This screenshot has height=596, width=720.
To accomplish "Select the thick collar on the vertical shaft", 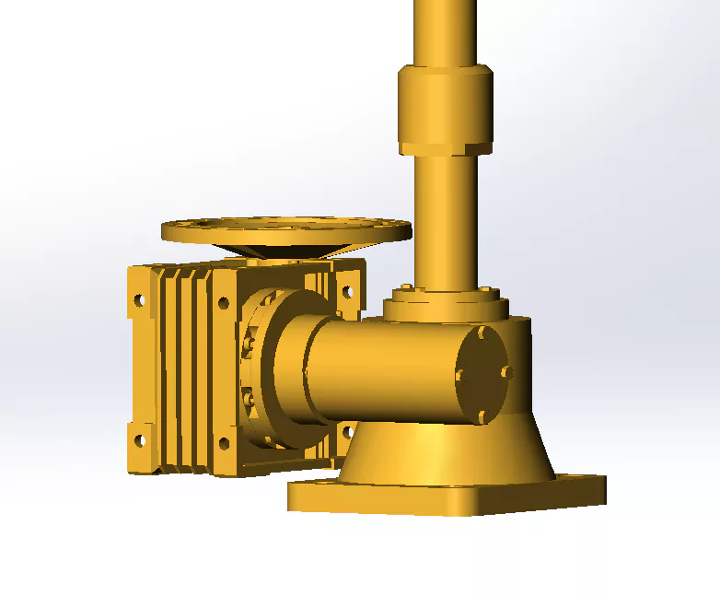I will tap(445, 110).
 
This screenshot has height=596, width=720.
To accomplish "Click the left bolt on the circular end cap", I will tap(459, 375).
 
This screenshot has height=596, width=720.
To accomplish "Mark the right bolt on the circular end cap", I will tap(505, 371).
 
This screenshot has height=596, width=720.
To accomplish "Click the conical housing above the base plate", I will tap(442, 451).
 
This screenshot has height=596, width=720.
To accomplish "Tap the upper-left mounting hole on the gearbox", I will tap(139, 300).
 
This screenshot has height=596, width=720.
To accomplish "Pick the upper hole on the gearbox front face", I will tap(223, 301).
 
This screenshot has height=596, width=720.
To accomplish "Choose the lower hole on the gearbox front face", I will tap(224, 444).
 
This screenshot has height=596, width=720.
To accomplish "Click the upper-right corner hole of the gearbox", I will tap(348, 291).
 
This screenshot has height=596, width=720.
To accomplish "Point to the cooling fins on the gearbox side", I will tap(184, 368).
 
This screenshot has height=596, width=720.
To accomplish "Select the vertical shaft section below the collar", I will tap(446, 221).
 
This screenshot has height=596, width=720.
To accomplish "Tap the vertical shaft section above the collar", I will tap(445, 32).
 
